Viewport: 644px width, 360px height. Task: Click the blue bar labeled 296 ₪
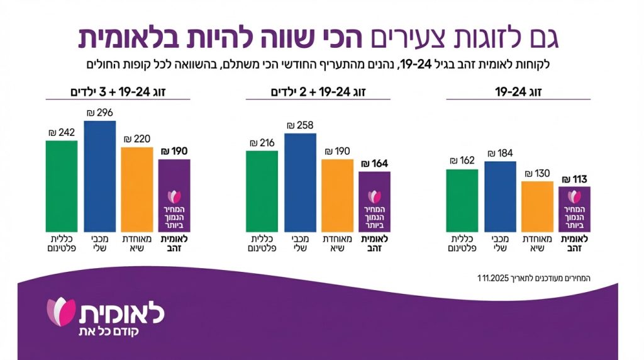point(99,176)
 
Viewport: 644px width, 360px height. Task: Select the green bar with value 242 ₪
point(62,186)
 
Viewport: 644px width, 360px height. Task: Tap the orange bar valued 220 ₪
point(137,189)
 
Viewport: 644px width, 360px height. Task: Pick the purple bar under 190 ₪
point(174,195)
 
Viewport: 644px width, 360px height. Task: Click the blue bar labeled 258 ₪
point(300,183)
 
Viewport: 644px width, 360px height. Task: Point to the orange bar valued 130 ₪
point(537,206)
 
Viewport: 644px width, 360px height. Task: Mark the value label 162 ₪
point(462,160)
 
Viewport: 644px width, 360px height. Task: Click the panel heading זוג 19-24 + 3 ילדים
point(118,92)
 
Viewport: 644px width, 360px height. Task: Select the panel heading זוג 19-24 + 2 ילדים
point(318,92)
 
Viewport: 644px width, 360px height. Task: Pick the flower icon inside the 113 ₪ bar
point(574,196)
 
